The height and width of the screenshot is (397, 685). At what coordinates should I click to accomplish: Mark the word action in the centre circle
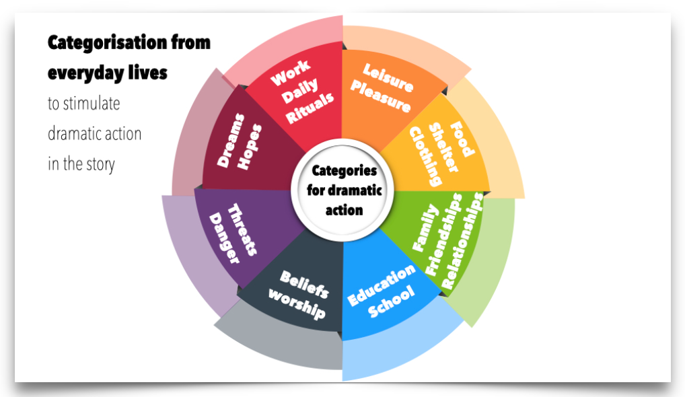[345, 209]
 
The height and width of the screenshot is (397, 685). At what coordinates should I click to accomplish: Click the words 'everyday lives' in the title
[107, 73]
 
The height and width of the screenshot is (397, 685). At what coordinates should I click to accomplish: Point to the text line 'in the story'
[81, 164]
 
